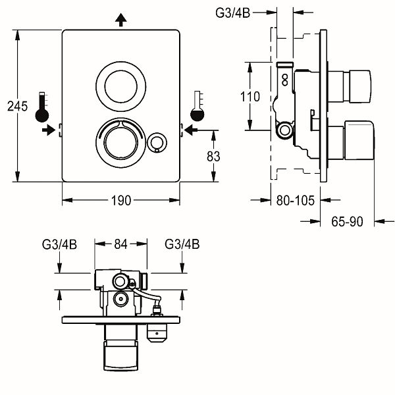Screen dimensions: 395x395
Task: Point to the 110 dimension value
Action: pos(250,97)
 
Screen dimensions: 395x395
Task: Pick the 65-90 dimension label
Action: pos(347,222)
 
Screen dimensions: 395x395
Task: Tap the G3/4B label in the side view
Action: pos(234,11)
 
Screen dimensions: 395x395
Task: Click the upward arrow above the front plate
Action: pos(120,20)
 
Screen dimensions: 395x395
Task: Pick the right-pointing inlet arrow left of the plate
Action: pos(47,130)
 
